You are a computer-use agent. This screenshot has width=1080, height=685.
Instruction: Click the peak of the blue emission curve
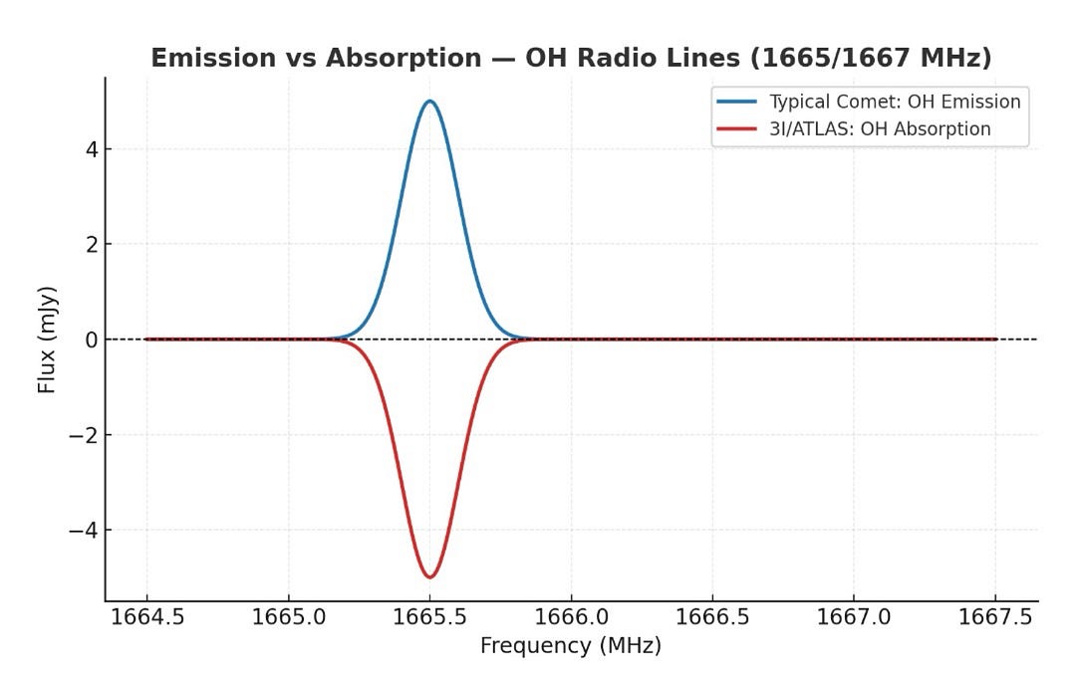(429, 101)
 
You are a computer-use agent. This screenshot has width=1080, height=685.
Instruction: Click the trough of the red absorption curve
(429, 576)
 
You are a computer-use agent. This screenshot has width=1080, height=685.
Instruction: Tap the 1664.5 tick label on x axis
(147, 617)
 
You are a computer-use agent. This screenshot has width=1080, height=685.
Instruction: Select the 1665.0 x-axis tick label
(289, 617)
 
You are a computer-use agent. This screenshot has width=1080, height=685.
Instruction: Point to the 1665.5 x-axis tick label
(429, 617)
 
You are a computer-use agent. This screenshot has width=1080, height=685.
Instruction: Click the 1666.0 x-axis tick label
(571, 617)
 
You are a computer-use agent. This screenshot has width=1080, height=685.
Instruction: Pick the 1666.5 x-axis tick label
(712, 617)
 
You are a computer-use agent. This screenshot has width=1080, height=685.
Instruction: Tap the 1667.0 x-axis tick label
(854, 617)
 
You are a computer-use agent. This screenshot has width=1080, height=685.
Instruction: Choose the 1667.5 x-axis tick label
(995, 617)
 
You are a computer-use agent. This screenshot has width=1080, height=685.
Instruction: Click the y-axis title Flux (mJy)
(47, 340)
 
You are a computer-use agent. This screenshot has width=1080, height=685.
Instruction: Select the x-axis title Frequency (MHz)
(571, 646)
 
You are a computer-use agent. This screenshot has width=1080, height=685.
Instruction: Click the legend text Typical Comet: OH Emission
(895, 102)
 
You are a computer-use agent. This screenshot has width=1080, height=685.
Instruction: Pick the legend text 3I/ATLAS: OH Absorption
(880, 128)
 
